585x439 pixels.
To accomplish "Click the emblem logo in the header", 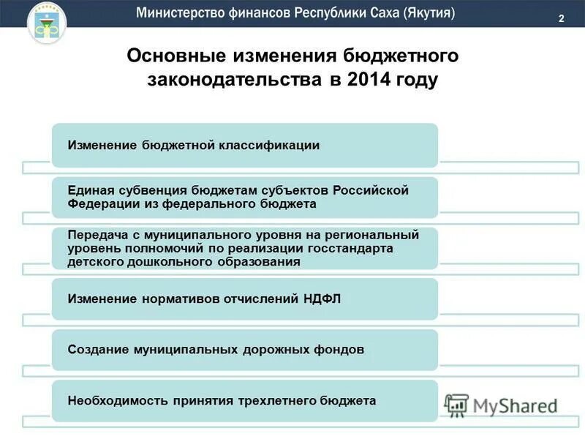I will click(x=46, y=23).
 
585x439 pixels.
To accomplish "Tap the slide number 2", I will click(x=561, y=19).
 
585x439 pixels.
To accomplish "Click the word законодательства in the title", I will click(x=233, y=80).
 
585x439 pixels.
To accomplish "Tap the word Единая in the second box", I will click(x=88, y=190).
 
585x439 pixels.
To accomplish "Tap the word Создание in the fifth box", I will click(x=97, y=350).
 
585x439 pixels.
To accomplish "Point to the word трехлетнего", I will click(x=273, y=400).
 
